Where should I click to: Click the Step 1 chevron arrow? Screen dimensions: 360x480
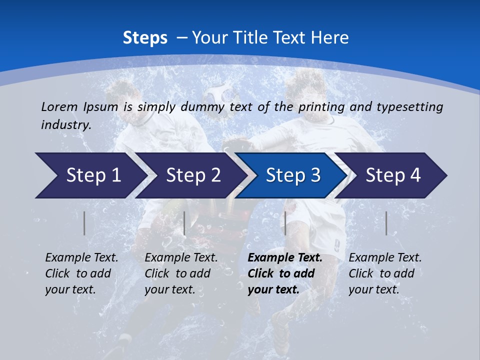[x=90, y=175]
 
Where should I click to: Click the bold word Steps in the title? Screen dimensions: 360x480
[x=145, y=37]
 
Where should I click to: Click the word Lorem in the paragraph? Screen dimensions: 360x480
[x=59, y=106]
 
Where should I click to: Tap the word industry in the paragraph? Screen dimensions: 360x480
[x=65, y=125]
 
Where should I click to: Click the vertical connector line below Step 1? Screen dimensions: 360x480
[x=84, y=223]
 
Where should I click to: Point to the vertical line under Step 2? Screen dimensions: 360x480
[x=184, y=223]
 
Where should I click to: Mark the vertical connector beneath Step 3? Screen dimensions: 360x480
[x=285, y=223]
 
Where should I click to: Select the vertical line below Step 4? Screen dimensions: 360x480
[x=386, y=223]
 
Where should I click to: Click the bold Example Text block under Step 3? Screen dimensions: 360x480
[x=285, y=273]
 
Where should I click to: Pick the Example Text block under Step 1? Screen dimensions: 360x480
[x=81, y=273]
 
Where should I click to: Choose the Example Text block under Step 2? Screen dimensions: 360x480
[x=181, y=273]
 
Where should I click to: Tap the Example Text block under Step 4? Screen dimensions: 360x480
[x=385, y=273]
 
